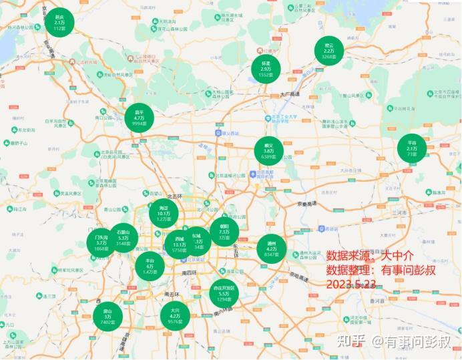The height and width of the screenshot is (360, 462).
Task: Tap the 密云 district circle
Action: [328, 51]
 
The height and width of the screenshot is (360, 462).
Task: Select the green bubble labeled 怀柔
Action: [266, 69]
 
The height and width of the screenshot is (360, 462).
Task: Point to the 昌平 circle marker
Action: [140, 118]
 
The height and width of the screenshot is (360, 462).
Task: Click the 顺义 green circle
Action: [269, 151]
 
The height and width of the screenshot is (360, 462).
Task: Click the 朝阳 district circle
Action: [224, 231]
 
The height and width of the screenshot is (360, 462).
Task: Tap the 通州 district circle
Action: [272, 248]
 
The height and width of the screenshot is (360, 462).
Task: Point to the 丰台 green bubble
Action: [150, 266]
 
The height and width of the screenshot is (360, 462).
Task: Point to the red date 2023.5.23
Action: [351, 284]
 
